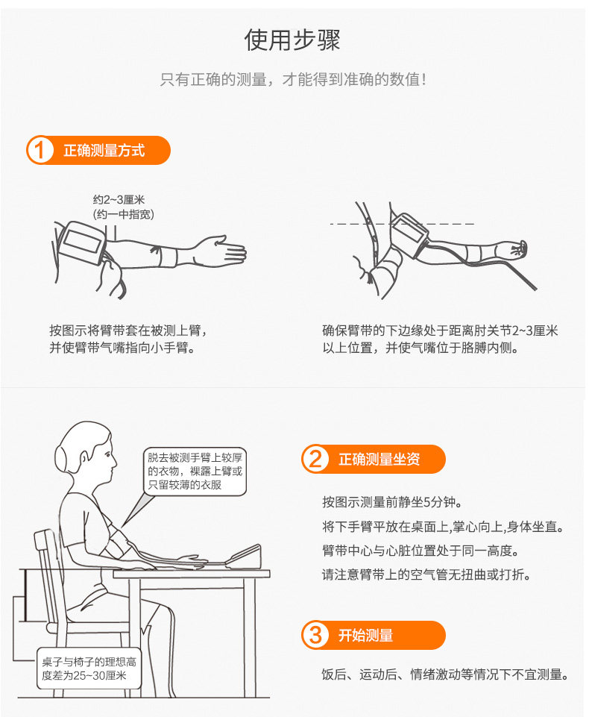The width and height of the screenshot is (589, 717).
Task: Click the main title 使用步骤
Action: pyautogui.click(x=293, y=40)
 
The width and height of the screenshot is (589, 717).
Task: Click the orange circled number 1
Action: pyautogui.click(x=40, y=150)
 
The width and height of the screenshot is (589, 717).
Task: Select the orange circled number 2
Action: pyautogui.click(x=315, y=459)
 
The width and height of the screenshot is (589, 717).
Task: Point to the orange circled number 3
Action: pyautogui.click(x=315, y=636)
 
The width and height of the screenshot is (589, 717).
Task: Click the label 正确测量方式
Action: pyautogui.click(x=104, y=151)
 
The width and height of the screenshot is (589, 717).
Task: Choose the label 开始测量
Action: pyautogui.click(x=365, y=636)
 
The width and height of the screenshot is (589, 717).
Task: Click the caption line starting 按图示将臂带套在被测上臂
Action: pyautogui.click(x=127, y=330)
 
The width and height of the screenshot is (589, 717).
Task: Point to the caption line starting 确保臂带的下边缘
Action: pyautogui.click(x=440, y=330)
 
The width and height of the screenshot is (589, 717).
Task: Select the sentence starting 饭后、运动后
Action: pyautogui.click(x=445, y=675)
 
